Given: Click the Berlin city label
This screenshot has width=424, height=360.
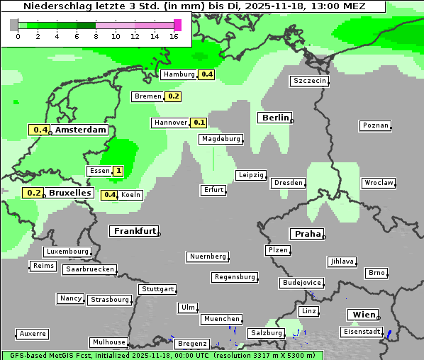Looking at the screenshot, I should click(274, 118).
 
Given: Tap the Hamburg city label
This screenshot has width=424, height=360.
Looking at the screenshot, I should click(178, 74).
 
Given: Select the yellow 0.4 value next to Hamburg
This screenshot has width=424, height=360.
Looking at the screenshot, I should click(206, 74).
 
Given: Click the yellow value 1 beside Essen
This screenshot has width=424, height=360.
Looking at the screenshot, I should click(118, 171).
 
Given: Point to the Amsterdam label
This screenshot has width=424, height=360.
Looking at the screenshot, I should click(81, 130).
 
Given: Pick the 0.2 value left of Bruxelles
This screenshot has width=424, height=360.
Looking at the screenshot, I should click(33, 193).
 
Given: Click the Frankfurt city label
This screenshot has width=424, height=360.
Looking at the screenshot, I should click(134, 231).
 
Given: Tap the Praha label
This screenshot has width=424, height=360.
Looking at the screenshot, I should click(306, 234).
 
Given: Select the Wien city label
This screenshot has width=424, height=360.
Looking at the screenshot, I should click(363, 315).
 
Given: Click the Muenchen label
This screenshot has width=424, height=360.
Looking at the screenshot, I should click(221, 320).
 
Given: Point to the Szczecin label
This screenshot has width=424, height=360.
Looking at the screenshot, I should click(310, 81).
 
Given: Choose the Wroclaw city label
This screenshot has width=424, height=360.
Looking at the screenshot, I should click(379, 183).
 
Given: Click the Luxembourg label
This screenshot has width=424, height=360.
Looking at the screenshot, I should click(67, 252).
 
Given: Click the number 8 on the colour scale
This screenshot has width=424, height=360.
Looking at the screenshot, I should click(96, 36).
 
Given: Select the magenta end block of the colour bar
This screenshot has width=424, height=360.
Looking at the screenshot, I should click(177, 25).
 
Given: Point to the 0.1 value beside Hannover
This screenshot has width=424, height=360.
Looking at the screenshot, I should click(200, 123).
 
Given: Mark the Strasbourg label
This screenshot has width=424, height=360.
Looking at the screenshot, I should click(110, 300).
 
